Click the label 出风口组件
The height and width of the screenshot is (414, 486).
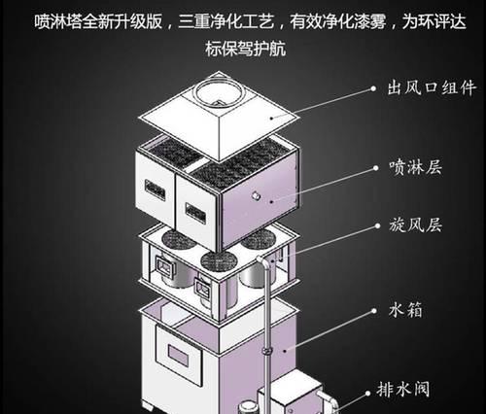[x=433, y=87]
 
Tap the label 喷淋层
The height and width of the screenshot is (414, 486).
[x=416, y=167]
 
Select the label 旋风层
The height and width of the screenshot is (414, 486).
[x=416, y=224]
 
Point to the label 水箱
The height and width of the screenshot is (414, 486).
[x=405, y=310]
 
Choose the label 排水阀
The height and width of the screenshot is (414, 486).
[x=403, y=389]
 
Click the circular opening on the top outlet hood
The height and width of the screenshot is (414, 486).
[x=219, y=91]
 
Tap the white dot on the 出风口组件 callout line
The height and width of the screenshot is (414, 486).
[x=373, y=88]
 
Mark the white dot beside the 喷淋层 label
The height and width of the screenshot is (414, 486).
[x=376, y=168]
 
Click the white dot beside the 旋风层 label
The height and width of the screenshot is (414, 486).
[x=377, y=225]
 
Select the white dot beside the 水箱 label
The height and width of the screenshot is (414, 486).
[x=374, y=311]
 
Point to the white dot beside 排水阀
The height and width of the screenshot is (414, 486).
[x=367, y=394]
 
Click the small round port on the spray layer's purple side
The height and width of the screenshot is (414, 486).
[x=257, y=195]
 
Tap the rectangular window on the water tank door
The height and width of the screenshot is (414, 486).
[x=178, y=355]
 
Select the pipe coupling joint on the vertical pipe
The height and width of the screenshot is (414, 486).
[x=266, y=351]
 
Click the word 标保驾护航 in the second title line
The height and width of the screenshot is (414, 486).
[x=245, y=50]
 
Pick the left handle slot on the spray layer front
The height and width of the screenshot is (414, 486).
[x=155, y=190]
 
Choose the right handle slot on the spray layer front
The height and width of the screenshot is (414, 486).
[x=195, y=213]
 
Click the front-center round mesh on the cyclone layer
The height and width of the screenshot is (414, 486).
[x=219, y=261]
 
